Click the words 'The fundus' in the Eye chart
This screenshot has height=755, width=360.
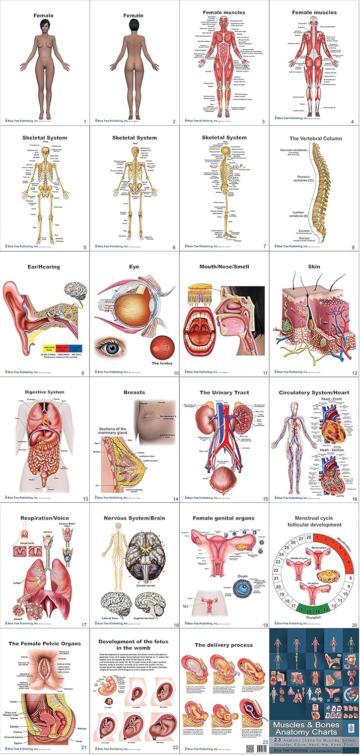[162, 362]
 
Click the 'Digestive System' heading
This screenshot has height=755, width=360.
[45, 392]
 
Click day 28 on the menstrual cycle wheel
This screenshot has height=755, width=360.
[306, 539]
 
